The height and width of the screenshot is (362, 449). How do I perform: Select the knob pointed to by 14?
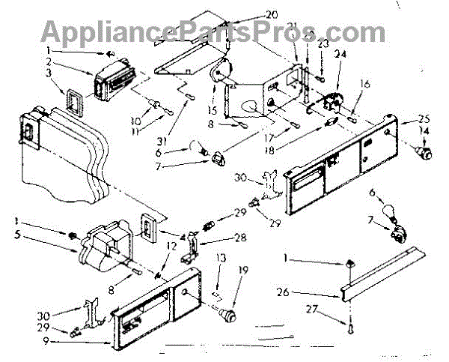[x=427, y=154]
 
